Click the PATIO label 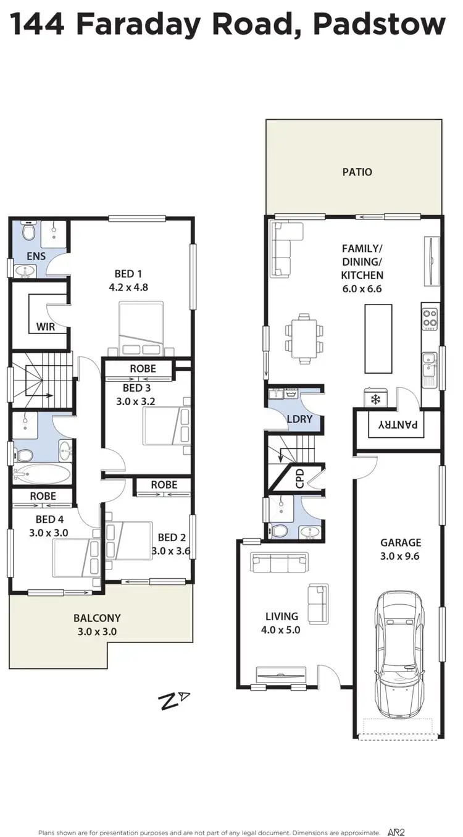[357, 172]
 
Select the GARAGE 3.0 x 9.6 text [401, 549]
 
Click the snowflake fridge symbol [375, 399]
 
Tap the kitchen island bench [378, 338]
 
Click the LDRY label [299, 419]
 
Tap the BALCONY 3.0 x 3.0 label [97, 625]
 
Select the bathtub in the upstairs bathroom [42, 475]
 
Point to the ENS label [36, 256]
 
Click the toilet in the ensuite [28, 232]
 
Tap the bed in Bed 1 [141, 328]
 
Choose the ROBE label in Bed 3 [143, 369]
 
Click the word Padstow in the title [379, 25]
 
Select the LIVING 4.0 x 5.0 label [282, 623]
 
